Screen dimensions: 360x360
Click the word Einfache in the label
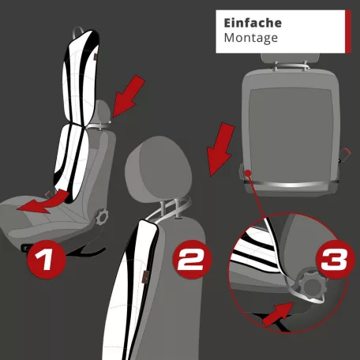253,23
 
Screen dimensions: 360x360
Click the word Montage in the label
251,38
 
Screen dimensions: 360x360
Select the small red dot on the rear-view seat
248,170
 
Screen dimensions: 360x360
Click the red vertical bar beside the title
347,31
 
